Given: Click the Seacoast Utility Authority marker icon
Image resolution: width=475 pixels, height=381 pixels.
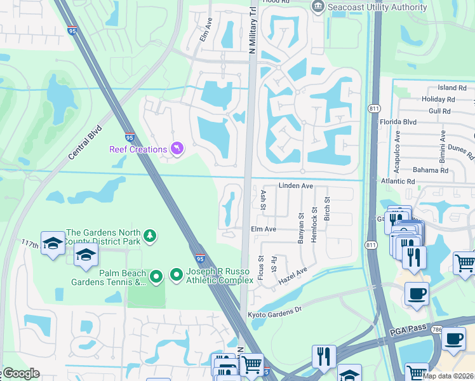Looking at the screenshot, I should pos(318,7).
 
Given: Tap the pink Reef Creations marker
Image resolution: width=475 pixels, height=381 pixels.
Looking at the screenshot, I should pos(177,149).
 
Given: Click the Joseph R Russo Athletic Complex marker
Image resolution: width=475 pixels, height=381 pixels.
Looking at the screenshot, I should pos(177,275).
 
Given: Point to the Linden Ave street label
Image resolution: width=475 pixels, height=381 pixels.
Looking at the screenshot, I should pos(296,186).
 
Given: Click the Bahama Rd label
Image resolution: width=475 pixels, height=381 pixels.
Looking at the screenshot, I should pos(430,170).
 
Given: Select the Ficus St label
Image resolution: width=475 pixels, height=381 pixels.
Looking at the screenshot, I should pos(261,267).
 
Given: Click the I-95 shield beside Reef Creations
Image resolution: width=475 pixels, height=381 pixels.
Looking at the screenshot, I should pos(130,137).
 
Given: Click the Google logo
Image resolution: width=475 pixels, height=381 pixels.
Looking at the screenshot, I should pos(20,373).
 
